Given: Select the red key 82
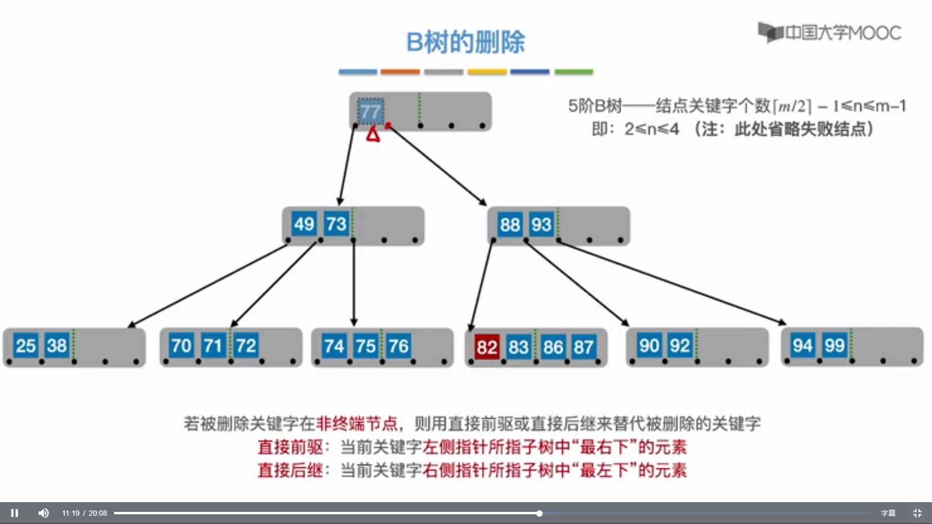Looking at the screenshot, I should click(487, 346).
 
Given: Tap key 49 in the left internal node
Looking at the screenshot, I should click(304, 224).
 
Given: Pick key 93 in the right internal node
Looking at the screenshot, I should click(541, 225).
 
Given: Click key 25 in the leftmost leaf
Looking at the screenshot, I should click(26, 345).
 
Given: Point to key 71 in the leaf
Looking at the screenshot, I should click(213, 345).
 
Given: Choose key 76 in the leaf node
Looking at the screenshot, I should click(399, 346).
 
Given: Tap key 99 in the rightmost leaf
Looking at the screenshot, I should click(834, 345).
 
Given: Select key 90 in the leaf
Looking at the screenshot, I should click(649, 345).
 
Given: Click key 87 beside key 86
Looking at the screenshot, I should click(583, 347).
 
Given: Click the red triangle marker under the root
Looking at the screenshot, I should click(373, 134).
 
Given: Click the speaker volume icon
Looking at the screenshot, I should click(43, 513).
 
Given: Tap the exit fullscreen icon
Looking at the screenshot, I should click(917, 513).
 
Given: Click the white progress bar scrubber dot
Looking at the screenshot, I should click(539, 513).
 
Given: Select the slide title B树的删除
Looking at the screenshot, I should click(466, 42).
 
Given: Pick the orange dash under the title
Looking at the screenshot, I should click(400, 72).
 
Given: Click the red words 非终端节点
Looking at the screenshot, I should click(357, 424).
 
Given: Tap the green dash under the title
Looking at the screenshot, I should click(573, 72).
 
